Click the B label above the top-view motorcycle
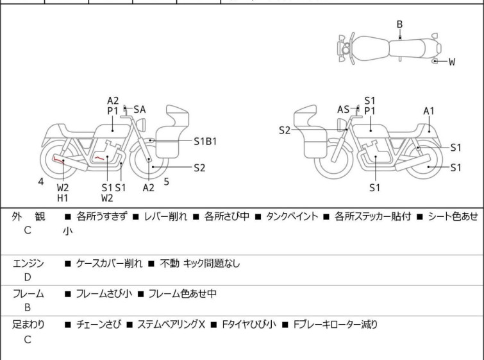pyautogui.click(x=399, y=24)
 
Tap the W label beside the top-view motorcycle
pyautogui.click(x=451, y=62)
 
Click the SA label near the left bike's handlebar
pyautogui.click(x=140, y=110)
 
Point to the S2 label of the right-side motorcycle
pyautogui.click(x=285, y=130)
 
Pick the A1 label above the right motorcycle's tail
pyautogui.click(x=429, y=111)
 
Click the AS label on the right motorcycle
pyautogui.click(x=343, y=110)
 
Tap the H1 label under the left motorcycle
pyautogui.click(x=62, y=198)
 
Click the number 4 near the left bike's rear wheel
pyautogui.click(x=41, y=182)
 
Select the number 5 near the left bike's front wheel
pyautogui.click(x=166, y=182)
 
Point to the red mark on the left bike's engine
pyautogui.click(x=99, y=157)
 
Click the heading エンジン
pyautogui.click(x=28, y=263)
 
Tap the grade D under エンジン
pyautogui.click(x=28, y=277)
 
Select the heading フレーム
pyautogui.click(x=28, y=294)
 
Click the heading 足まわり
pyautogui.click(x=28, y=325)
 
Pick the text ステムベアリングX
pyautogui.click(x=171, y=325)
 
